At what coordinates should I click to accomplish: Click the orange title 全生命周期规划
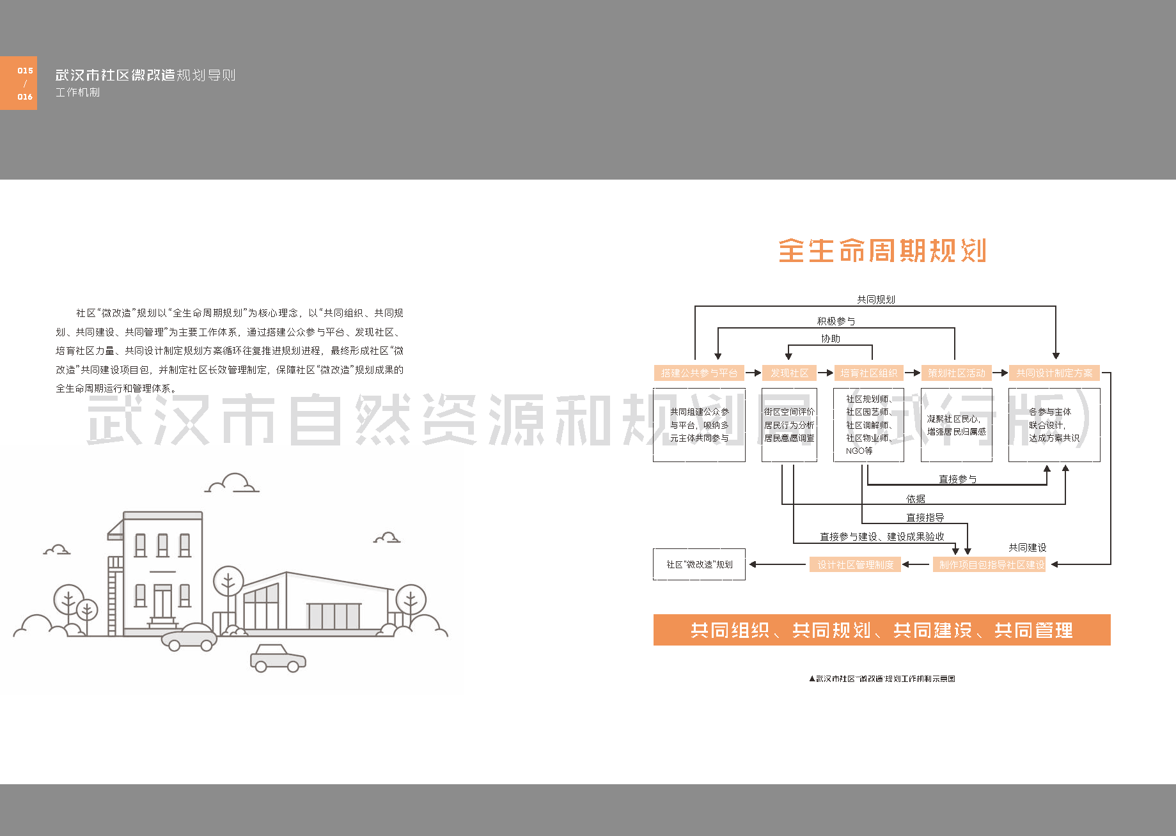pos(882,251)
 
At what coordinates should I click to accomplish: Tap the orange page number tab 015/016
pos(19,83)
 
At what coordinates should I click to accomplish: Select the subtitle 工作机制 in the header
pos(77,93)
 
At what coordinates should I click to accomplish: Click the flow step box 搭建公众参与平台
pos(699,373)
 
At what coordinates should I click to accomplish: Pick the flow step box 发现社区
pos(789,373)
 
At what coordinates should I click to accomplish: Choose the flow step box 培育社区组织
pos(868,373)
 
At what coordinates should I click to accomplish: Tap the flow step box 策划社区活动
pos(957,373)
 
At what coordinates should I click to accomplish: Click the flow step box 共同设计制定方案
pos(1054,373)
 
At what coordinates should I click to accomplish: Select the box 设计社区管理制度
pos(855,565)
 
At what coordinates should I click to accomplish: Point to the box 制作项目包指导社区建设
pos(991,565)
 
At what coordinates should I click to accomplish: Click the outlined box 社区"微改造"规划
pos(699,564)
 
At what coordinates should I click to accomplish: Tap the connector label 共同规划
pos(875,299)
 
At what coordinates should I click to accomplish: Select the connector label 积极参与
pos(836,321)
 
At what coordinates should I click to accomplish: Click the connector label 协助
pos(831,339)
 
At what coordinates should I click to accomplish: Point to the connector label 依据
pos(915,499)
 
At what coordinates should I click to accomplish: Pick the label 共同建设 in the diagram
pos(1027,548)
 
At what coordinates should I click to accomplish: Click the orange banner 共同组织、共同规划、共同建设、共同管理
pos(882,630)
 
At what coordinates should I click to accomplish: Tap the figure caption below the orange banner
pos(882,679)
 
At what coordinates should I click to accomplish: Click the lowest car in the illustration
pos(278,658)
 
